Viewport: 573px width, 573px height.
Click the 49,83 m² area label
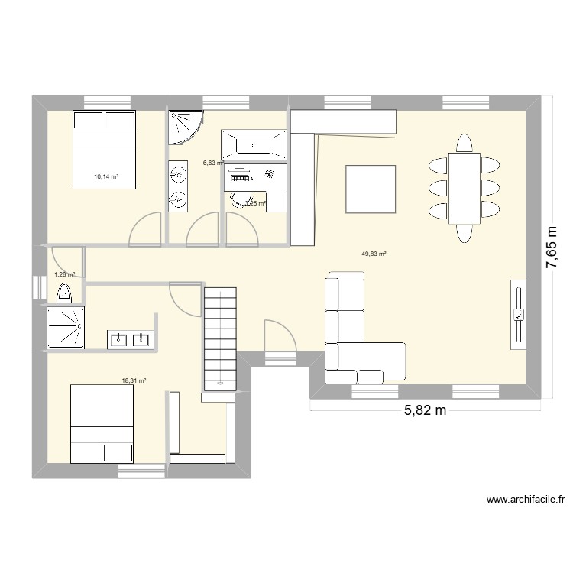374,254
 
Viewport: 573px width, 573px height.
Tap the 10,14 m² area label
107,176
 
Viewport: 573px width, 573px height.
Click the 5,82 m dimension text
424,412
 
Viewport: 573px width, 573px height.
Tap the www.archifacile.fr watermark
526,500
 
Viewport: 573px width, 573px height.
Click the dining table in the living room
464,188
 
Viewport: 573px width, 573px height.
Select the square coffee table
371,189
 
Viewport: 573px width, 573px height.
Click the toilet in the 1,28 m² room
64,292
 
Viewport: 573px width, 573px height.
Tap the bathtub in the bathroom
254,144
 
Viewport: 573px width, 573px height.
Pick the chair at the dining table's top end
464,143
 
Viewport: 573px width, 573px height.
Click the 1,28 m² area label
64,274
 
